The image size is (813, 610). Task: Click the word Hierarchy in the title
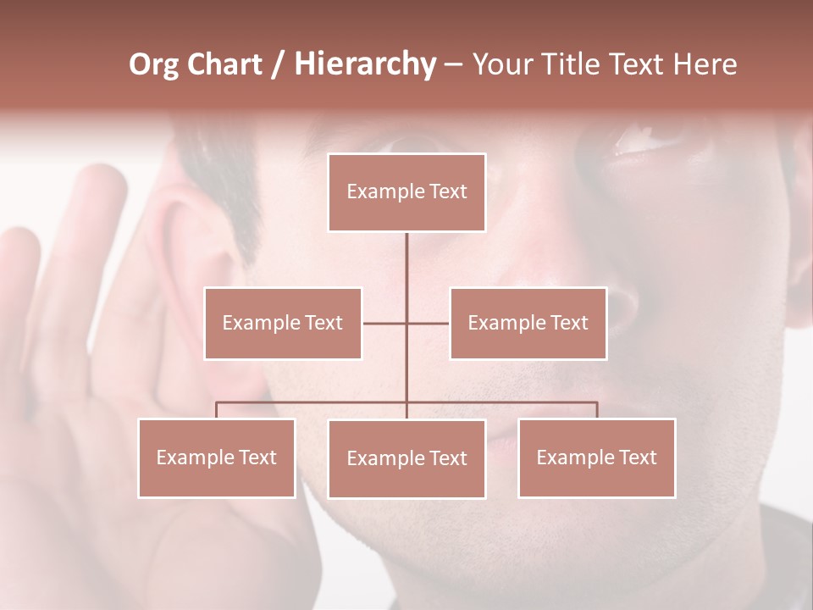coord(364,64)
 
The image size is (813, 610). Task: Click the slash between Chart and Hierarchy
coord(278,65)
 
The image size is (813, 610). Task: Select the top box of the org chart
coord(406,192)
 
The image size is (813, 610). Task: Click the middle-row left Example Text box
coord(283,323)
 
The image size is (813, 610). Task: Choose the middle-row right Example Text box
coord(528,323)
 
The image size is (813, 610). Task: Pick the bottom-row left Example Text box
coord(217,457)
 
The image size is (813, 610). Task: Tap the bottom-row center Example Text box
coord(406,458)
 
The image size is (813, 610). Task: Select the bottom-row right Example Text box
coord(596,457)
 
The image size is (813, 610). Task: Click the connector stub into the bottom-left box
coord(217,410)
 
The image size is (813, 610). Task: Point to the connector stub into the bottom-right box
coord(597,410)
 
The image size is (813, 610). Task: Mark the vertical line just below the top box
coord(406,254)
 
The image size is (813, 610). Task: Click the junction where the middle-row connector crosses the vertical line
coord(406,323)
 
